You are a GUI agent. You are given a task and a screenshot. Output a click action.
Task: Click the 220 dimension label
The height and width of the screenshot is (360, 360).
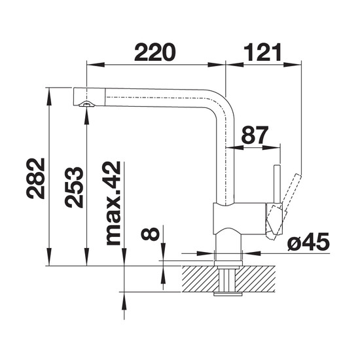tap(155, 52)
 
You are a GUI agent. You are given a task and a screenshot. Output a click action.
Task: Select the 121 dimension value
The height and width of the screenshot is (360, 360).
tap(262, 52)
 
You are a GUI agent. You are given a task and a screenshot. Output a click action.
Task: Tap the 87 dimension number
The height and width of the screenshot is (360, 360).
tap(255, 135)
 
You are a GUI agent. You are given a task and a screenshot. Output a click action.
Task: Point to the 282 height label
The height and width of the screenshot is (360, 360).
tap(35, 178)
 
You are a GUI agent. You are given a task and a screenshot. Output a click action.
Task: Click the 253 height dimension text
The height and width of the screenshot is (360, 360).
tap(74, 187)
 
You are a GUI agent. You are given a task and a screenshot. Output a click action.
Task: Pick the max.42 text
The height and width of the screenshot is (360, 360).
tap(113, 204)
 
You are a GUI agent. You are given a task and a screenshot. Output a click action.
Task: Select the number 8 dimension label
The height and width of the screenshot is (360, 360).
tap(150, 234)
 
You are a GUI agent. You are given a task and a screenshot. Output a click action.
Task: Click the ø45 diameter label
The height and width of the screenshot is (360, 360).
tap(308, 242)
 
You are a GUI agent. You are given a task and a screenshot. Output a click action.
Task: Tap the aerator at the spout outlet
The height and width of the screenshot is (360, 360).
tap(86, 105)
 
